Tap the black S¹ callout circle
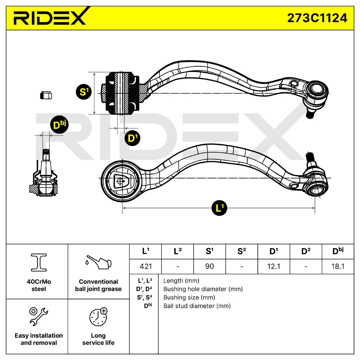pyautogui.click(x=84, y=92)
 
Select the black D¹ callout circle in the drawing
pyautogui.click(x=133, y=138)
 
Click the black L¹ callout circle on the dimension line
pyautogui.click(x=219, y=208)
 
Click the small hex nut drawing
pyautogui.click(x=46, y=95)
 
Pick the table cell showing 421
pyautogui.click(x=145, y=266)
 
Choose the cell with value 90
pyautogui.click(x=209, y=266)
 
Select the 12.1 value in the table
pyautogui.click(x=273, y=266)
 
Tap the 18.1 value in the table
pyautogui.click(x=338, y=266)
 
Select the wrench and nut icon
pyautogui.click(x=38, y=316)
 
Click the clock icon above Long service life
pyautogui.click(x=98, y=316)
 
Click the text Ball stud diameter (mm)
pyautogui.click(x=197, y=306)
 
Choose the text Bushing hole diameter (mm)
pyautogui.click(x=203, y=289)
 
